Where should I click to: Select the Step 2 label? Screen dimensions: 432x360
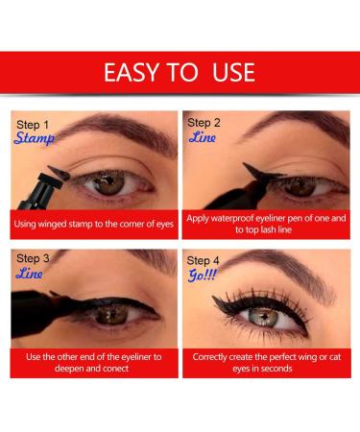204,123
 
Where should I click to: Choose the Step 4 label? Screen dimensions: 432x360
204,261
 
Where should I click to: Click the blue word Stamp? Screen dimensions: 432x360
36,140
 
